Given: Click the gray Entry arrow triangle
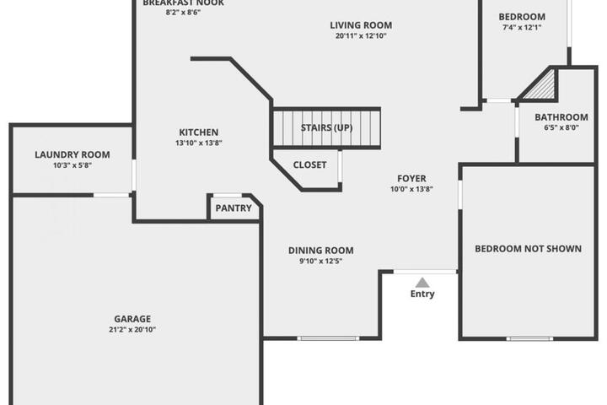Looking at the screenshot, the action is pyautogui.click(x=422, y=283).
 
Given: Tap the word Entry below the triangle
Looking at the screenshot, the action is pyautogui.click(x=422, y=294).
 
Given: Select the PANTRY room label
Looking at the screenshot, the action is pyautogui.click(x=234, y=208).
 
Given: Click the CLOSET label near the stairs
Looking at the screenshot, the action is pyautogui.click(x=309, y=165).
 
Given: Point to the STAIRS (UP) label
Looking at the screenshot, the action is pyautogui.click(x=327, y=127).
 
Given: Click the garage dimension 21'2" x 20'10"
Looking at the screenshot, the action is pyautogui.click(x=132, y=330).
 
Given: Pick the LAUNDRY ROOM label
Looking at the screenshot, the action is pyautogui.click(x=73, y=154).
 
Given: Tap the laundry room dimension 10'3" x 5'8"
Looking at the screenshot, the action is pyautogui.click(x=73, y=165).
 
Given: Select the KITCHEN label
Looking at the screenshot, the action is pyautogui.click(x=199, y=132).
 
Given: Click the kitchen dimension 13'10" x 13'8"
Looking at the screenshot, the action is pyautogui.click(x=199, y=143).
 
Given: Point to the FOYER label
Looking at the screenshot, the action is pyautogui.click(x=411, y=178).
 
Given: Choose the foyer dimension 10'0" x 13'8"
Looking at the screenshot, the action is pyautogui.click(x=411, y=189).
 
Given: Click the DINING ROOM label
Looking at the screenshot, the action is pyautogui.click(x=321, y=251).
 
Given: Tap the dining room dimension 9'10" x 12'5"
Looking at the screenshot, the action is pyautogui.click(x=321, y=262).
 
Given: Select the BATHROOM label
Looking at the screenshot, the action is pyautogui.click(x=561, y=117).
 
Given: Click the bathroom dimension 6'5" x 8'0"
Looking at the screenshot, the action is pyautogui.click(x=561, y=127).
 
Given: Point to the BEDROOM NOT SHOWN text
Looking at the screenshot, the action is pyautogui.click(x=528, y=249).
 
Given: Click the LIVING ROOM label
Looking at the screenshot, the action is pyautogui.click(x=361, y=25).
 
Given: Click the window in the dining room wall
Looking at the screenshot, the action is pyautogui.click(x=328, y=338).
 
